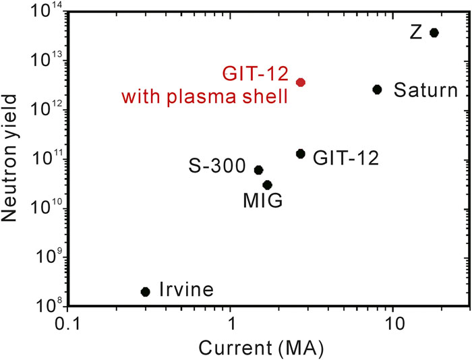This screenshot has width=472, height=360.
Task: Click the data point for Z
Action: point(434,32)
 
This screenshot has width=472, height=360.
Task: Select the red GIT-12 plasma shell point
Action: point(301,82)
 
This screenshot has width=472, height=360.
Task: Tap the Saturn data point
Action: point(378,89)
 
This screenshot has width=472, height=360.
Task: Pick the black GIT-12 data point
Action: point(301,154)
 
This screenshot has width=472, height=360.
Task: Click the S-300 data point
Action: point(258,170)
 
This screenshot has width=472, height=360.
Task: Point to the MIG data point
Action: point(267,185)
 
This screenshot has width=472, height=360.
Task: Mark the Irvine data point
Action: point(145,291)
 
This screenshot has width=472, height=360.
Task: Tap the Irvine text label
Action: point(187,291)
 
